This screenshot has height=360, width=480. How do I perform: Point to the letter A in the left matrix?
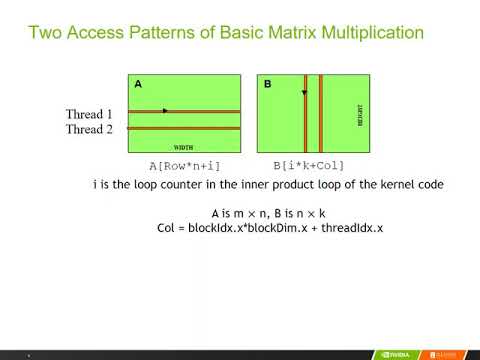138,85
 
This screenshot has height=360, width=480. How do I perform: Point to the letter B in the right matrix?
268,85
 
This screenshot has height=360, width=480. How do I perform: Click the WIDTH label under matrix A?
183,145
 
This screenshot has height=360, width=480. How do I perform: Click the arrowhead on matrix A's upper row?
164,110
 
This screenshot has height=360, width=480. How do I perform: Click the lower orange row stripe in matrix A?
183,128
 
